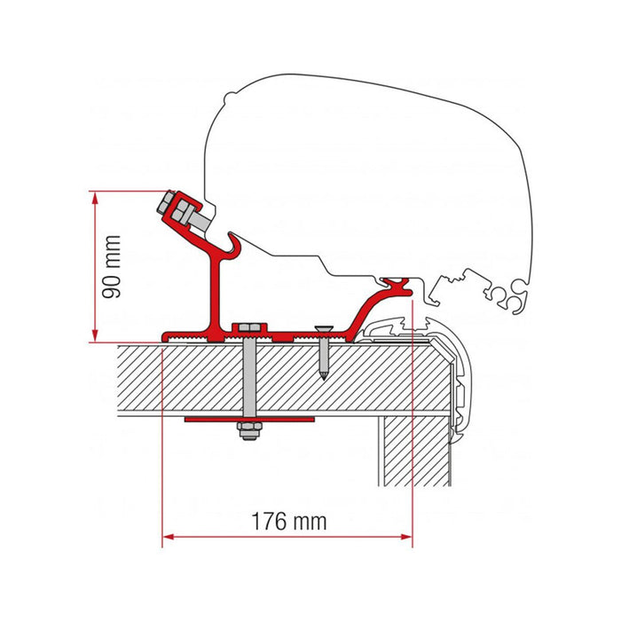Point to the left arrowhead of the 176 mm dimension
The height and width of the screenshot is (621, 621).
(x=169, y=536)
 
